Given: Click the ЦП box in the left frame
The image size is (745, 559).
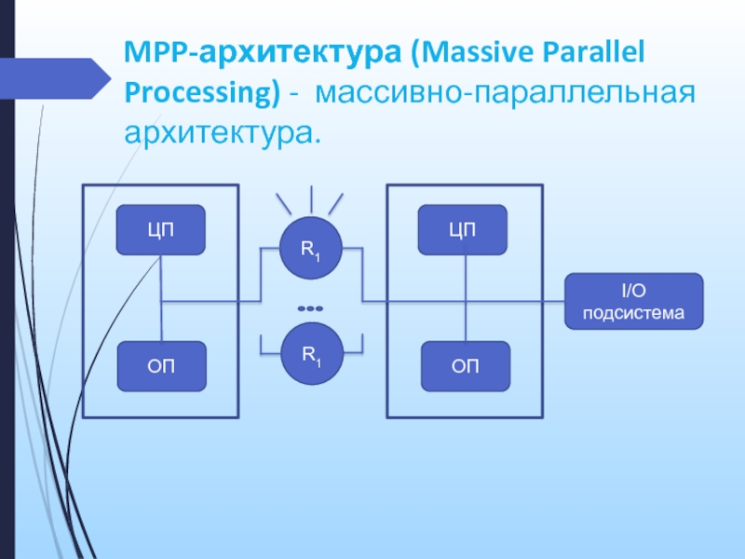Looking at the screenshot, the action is tap(160, 230).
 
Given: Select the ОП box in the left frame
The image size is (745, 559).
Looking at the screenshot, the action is tap(161, 366).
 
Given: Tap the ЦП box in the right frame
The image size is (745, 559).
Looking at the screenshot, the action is tap(462, 230).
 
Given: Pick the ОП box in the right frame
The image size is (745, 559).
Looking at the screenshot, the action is tap(466, 366).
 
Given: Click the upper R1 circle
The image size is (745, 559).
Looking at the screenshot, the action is tap(311, 248).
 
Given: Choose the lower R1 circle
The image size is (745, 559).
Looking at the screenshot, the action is tap(312, 354).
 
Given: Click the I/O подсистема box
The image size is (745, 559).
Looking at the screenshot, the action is tap(634, 301).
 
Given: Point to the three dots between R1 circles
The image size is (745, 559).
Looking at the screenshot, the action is tap(310, 308).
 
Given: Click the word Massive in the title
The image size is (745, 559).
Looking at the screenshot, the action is tap(478, 51).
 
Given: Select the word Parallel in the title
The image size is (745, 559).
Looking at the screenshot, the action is tap(594, 51).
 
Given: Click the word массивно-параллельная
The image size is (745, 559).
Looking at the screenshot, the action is tap(505, 92).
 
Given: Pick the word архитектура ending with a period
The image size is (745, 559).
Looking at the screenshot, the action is tap(223, 133).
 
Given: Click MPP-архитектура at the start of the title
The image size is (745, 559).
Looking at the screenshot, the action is tap(263, 52).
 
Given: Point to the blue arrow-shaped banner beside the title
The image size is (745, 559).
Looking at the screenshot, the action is tap(55, 78).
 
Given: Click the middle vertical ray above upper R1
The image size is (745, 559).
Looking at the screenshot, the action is tap(311, 199).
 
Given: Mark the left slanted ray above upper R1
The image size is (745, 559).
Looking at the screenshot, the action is tap(284, 204).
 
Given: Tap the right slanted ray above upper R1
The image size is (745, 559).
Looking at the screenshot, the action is tap(335, 204).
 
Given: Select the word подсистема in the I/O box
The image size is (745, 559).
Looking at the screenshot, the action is tap(634, 313).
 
